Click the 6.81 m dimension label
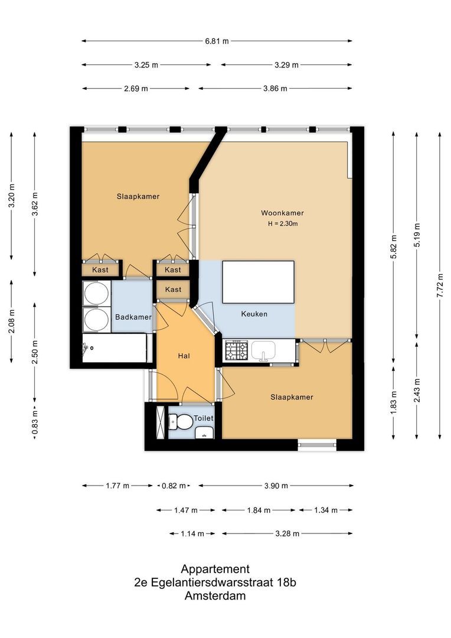coord(217,41)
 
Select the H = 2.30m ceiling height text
coord(282,223)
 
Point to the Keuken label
coord(254,314)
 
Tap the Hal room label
coord(184,356)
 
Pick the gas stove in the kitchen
coord(236,350)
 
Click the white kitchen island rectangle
coord(257,282)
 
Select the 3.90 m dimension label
coord(276,486)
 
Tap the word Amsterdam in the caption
coord(215,596)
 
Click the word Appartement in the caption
coord(215,569)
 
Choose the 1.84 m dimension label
coord(259,510)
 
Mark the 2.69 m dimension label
coord(136,89)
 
